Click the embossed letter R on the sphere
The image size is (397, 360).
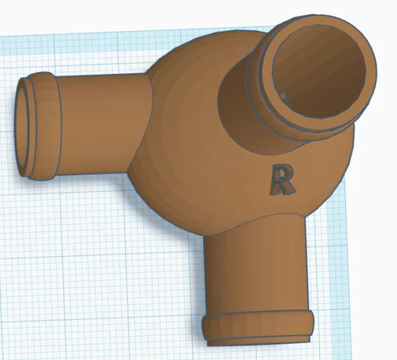(283, 180)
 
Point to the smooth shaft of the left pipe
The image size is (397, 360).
(101, 124)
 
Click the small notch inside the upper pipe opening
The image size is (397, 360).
(284, 96)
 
